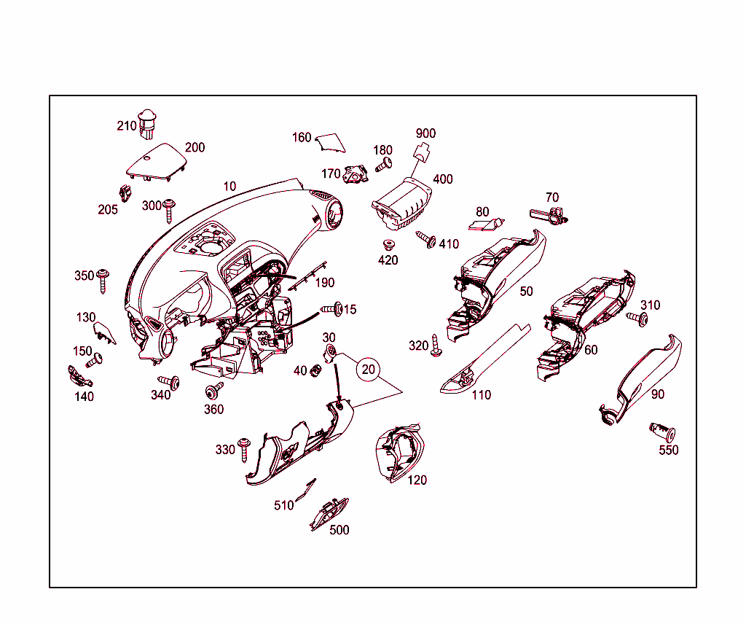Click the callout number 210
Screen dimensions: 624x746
coord(127,125)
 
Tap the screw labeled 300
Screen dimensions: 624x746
coord(169,210)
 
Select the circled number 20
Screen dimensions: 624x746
coord(369,370)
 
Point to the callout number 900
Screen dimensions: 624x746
coord(425,133)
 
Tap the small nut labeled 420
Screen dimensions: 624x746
coord(388,244)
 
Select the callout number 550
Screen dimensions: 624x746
coord(668,450)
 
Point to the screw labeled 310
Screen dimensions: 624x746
coord(637,318)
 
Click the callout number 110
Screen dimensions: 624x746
coord(481,394)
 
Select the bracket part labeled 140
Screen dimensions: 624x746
coord(78,375)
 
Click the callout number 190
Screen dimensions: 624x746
coord(324,283)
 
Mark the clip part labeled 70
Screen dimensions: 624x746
coord(548,214)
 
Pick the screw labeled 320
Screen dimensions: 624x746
coord(436,346)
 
